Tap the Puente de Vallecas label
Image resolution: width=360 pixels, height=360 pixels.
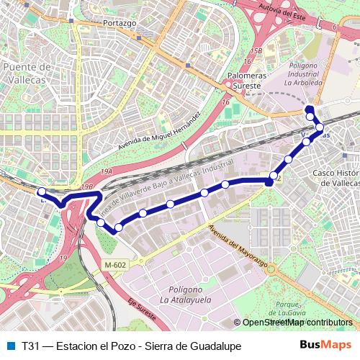pyautogui.click(x=26, y=72)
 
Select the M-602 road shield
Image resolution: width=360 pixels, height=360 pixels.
pyautogui.click(x=114, y=265)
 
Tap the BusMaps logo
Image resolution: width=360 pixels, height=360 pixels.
pyautogui.click(x=326, y=345)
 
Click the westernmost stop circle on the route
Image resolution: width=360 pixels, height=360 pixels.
pyautogui.click(x=42, y=192)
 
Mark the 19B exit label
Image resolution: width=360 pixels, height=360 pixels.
pyautogui.click(x=88, y=186)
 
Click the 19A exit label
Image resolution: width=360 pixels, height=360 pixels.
pyautogui.click(x=107, y=172)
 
